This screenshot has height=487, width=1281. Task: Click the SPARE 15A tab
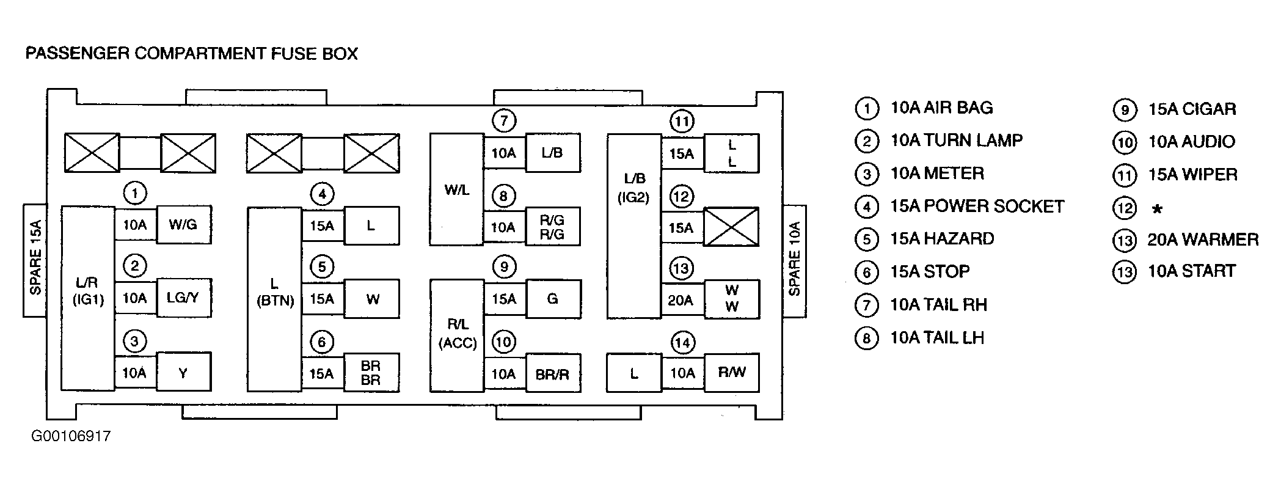(x=35, y=260)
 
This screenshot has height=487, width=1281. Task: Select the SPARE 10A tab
(x=795, y=260)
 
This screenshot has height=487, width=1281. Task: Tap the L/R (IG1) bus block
(x=88, y=298)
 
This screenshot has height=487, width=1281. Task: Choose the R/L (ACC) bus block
(x=458, y=335)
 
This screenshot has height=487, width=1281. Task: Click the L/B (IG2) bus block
(x=634, y=226)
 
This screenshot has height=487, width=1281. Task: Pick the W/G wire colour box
(x=183, y=225)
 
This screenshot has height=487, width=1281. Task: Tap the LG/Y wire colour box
(x=183, y=298)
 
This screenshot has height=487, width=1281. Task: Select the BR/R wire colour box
(x=552, y=373)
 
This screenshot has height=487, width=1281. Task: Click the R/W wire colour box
(x=731, y=372)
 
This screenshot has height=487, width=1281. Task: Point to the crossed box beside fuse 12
(x=731, y=227)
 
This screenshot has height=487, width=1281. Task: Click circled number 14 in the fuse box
(x=682, y=343)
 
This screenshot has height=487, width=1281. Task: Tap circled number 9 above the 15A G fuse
(x=504, y=267)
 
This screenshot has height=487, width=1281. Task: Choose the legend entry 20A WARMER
(x=1203, y=240)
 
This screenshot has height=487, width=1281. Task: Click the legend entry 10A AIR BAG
(x=941, y=108)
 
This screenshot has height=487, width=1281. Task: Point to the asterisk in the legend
(x=1156, y=209)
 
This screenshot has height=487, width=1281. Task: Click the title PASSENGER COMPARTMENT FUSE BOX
(x=191, y=54)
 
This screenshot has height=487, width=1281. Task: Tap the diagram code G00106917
(x=71, y=436)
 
